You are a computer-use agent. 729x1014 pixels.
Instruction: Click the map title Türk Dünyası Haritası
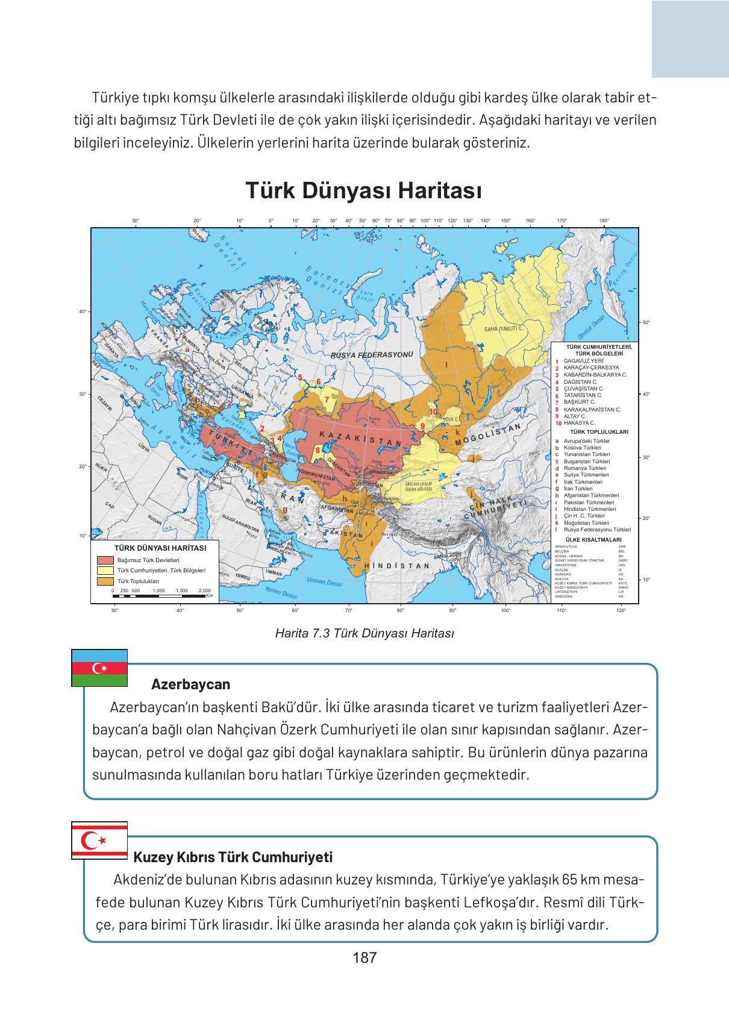point(363,192)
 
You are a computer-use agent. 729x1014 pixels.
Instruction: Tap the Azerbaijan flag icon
point(99,668)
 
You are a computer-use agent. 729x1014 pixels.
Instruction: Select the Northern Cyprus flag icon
point(99,839)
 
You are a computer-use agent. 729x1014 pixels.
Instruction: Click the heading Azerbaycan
point(190,684)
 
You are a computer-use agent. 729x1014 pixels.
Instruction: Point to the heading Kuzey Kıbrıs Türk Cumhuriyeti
point(233,857)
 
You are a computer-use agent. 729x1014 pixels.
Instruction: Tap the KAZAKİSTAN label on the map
point(360,439)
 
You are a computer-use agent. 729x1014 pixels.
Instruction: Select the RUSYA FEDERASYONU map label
point(372,355)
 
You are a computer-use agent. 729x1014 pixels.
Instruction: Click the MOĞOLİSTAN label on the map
point(488,435)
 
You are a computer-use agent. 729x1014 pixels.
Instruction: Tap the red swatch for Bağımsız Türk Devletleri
point(105,560)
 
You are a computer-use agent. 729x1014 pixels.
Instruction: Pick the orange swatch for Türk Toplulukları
point(105,581)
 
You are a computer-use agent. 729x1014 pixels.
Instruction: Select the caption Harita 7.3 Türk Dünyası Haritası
point(364,633)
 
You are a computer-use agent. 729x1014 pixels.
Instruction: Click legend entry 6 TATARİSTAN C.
point(582,395)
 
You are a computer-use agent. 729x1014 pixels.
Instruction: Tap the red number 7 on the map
point(326,399)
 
